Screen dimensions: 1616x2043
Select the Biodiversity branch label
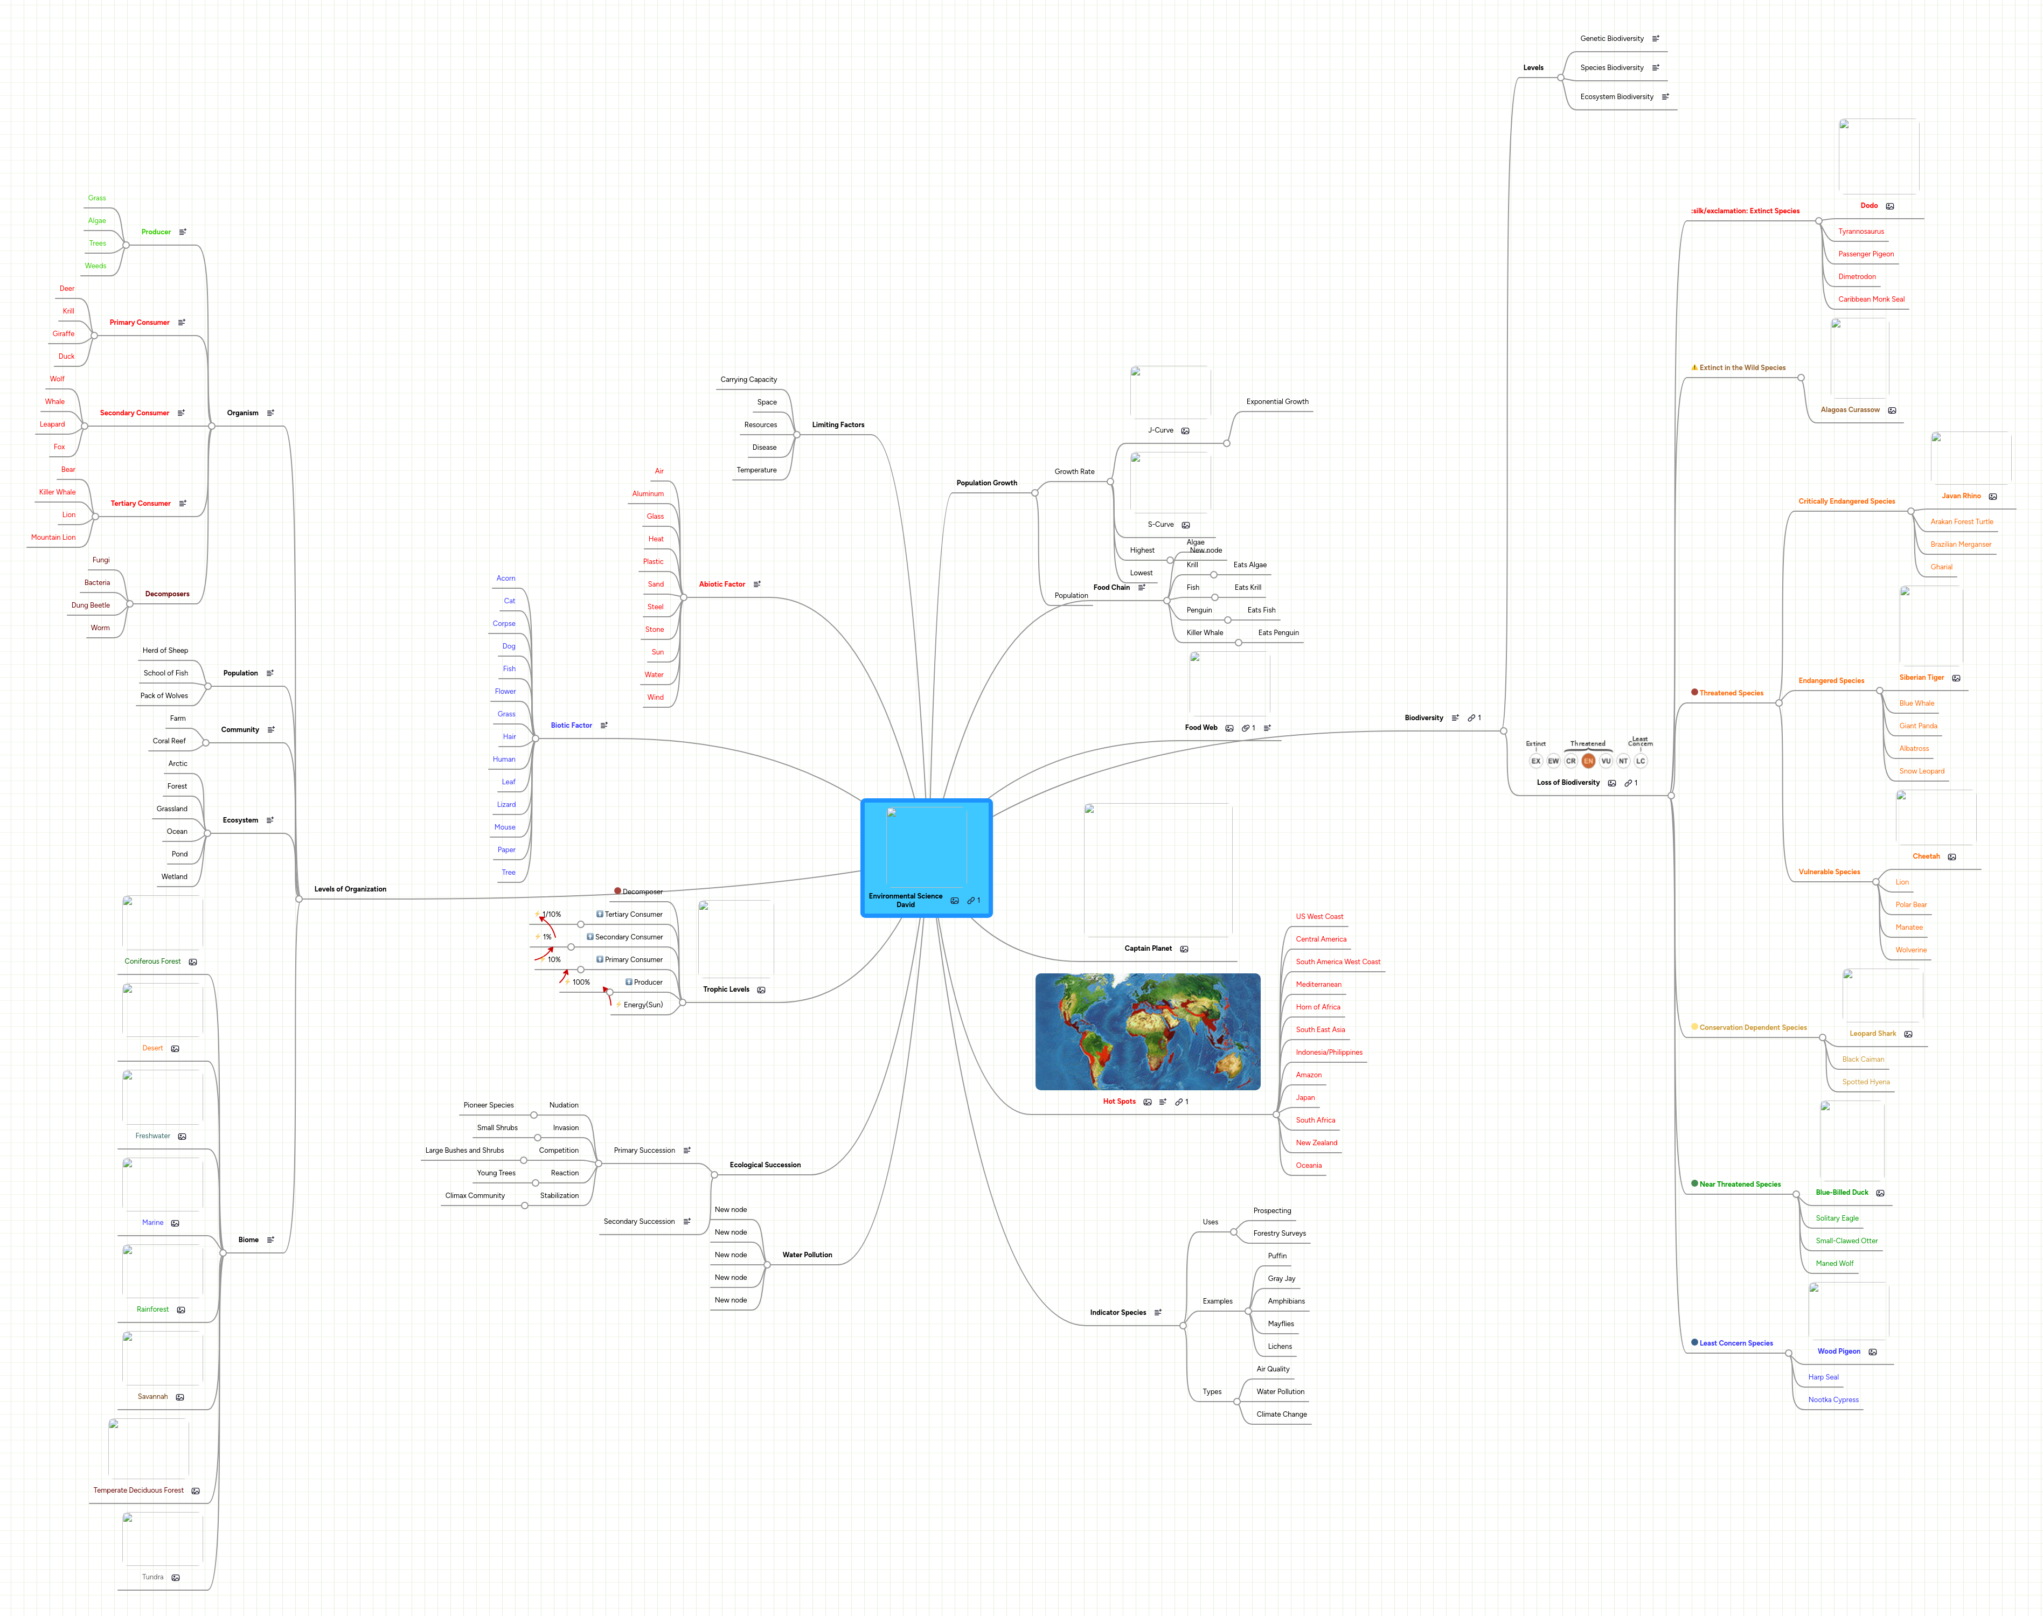coord(1423,718)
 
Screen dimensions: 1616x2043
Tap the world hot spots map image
coord(1147,1032)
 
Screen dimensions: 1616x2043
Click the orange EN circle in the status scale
coord(1588,761)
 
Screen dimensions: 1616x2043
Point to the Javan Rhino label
coord(1961,496)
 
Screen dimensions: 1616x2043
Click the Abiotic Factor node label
coord(721,584)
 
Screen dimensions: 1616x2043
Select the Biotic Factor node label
coord(571,726)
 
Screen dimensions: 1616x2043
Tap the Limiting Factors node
coord(837,425)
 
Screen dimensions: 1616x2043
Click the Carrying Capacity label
coord(748,379)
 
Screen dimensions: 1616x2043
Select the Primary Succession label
coord(643,1151)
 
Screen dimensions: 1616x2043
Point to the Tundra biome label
coord(152,1577)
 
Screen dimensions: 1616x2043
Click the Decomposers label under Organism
coord(166,594)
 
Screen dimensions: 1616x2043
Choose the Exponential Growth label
coord(1276,402)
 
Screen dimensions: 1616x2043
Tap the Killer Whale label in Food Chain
coord(1205,633)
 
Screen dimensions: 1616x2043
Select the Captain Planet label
coord(1147,948)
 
